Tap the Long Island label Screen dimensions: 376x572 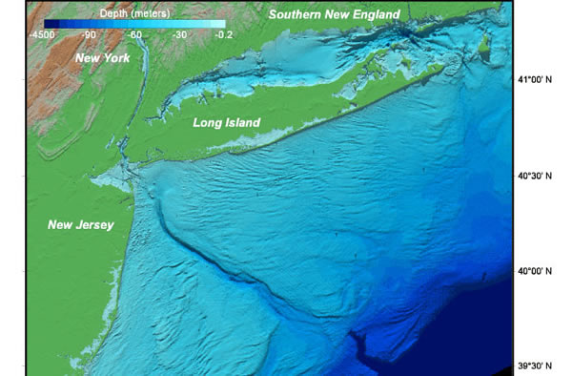(x=226, y=123)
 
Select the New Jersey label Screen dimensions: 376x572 (x=81, y=225)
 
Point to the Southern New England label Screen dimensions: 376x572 (x=334, y=14)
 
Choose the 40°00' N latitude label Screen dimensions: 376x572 (x=537, y=271)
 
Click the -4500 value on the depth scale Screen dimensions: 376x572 (x=57, y=34)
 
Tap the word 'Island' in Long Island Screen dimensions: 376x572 (x=241, y=123)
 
